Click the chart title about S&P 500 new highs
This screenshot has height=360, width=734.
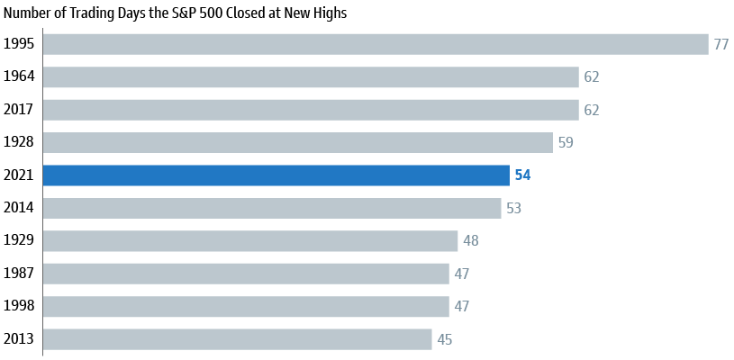coord(175,13)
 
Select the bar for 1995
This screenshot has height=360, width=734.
coord(376,44)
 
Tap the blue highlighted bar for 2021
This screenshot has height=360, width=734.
coord(276,175)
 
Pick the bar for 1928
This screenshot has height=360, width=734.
coord(297,142)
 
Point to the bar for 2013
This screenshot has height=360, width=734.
coord(237,339)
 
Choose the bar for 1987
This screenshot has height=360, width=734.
coord(246,274)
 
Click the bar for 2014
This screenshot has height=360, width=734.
coord(272,208)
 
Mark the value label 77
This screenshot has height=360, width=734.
coord(721,44)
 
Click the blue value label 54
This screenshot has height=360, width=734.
coord(522,175)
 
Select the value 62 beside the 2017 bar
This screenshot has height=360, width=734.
coord(592,110)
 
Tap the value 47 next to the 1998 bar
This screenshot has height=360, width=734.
coord(462,307)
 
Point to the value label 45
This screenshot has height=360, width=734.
coord(445,340)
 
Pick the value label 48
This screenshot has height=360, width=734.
coord(471,241)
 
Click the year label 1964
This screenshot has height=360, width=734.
coord(19,76)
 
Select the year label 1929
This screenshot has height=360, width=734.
coord(19,241)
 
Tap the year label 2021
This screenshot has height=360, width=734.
coord(19,175)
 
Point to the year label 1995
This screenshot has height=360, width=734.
coord(19,44)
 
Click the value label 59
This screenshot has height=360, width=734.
coord(566,143)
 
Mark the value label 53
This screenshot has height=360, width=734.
coord(513,209)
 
